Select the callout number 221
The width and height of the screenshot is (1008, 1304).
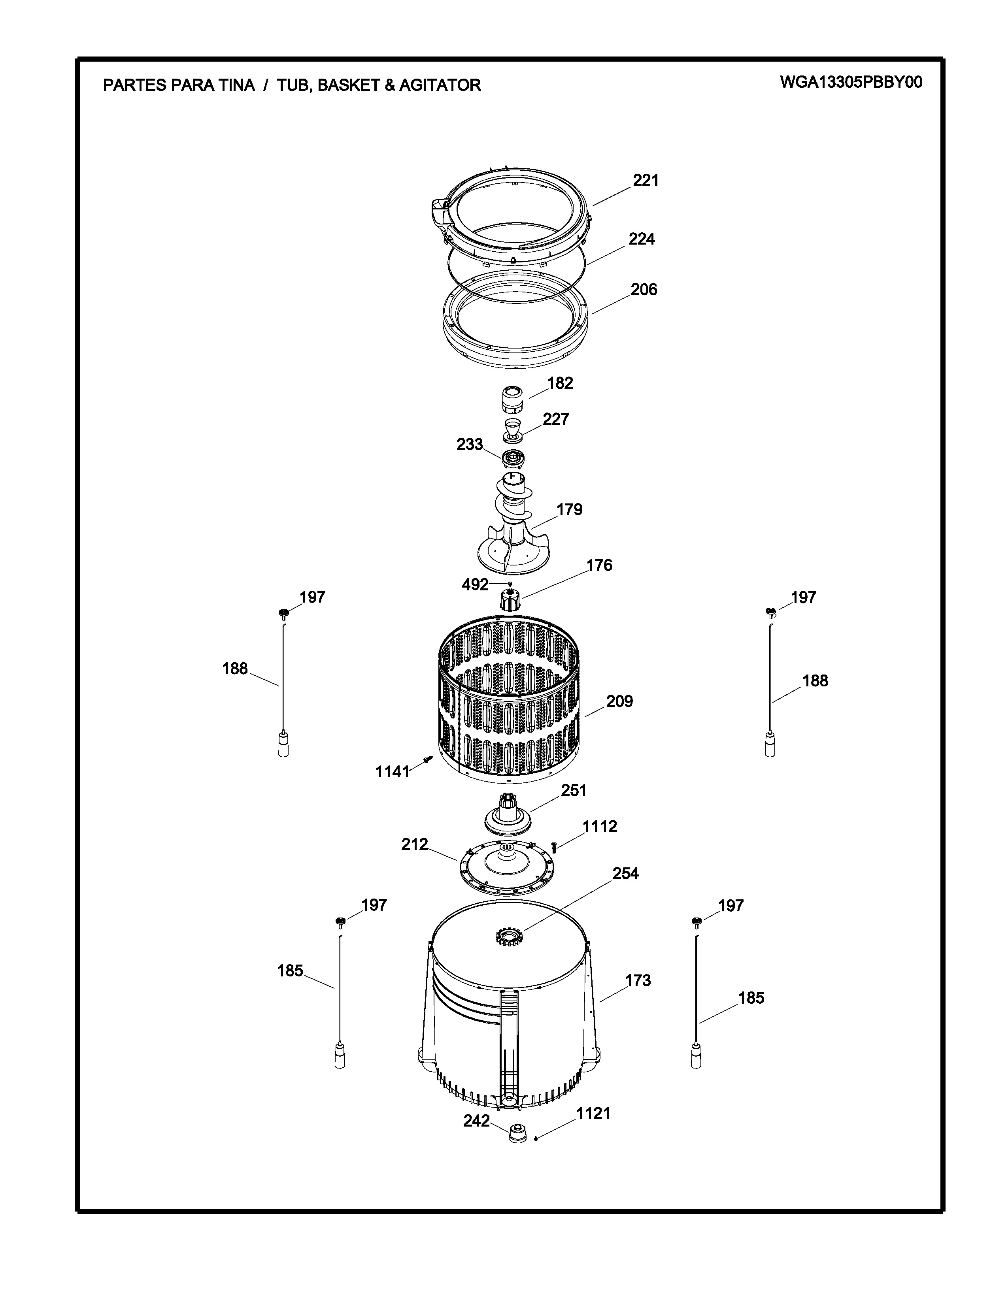(x=646, y=180)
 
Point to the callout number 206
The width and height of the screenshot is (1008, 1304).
(x=644, y=290)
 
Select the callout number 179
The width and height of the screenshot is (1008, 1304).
(x=569, y=509)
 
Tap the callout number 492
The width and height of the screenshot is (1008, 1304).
(x=475, y=584)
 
